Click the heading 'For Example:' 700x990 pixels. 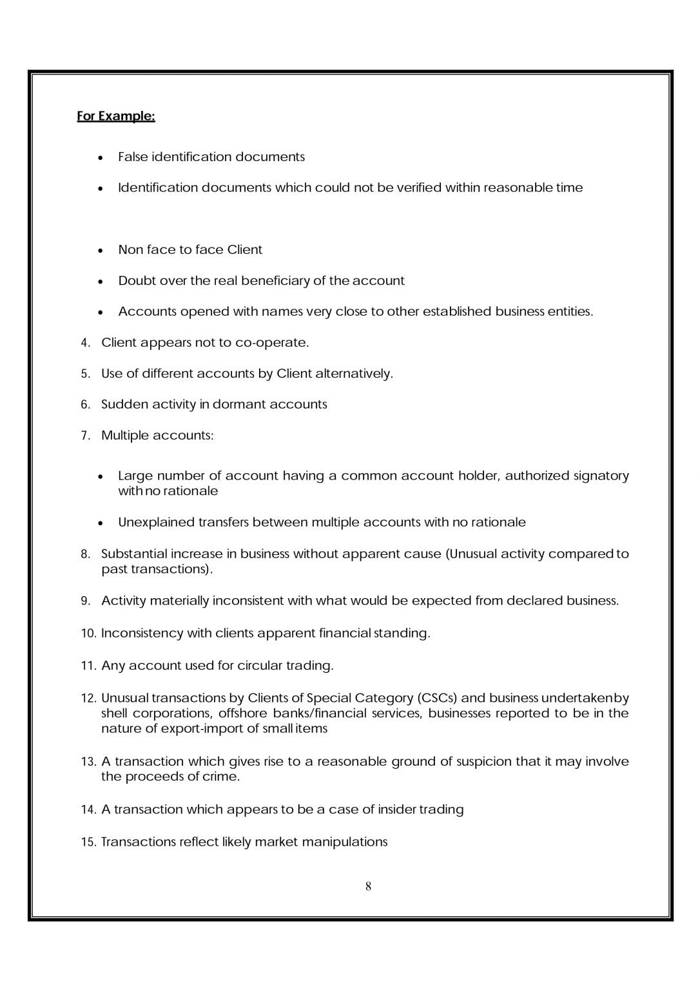click(116, 117)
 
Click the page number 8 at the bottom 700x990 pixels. click(368, 886)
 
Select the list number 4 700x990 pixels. click(85, 343)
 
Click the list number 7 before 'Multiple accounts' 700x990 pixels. click(85, 436)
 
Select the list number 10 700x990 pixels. click(88, 634)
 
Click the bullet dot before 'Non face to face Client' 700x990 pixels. click(101, 250)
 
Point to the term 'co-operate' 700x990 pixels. click(271, 343)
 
